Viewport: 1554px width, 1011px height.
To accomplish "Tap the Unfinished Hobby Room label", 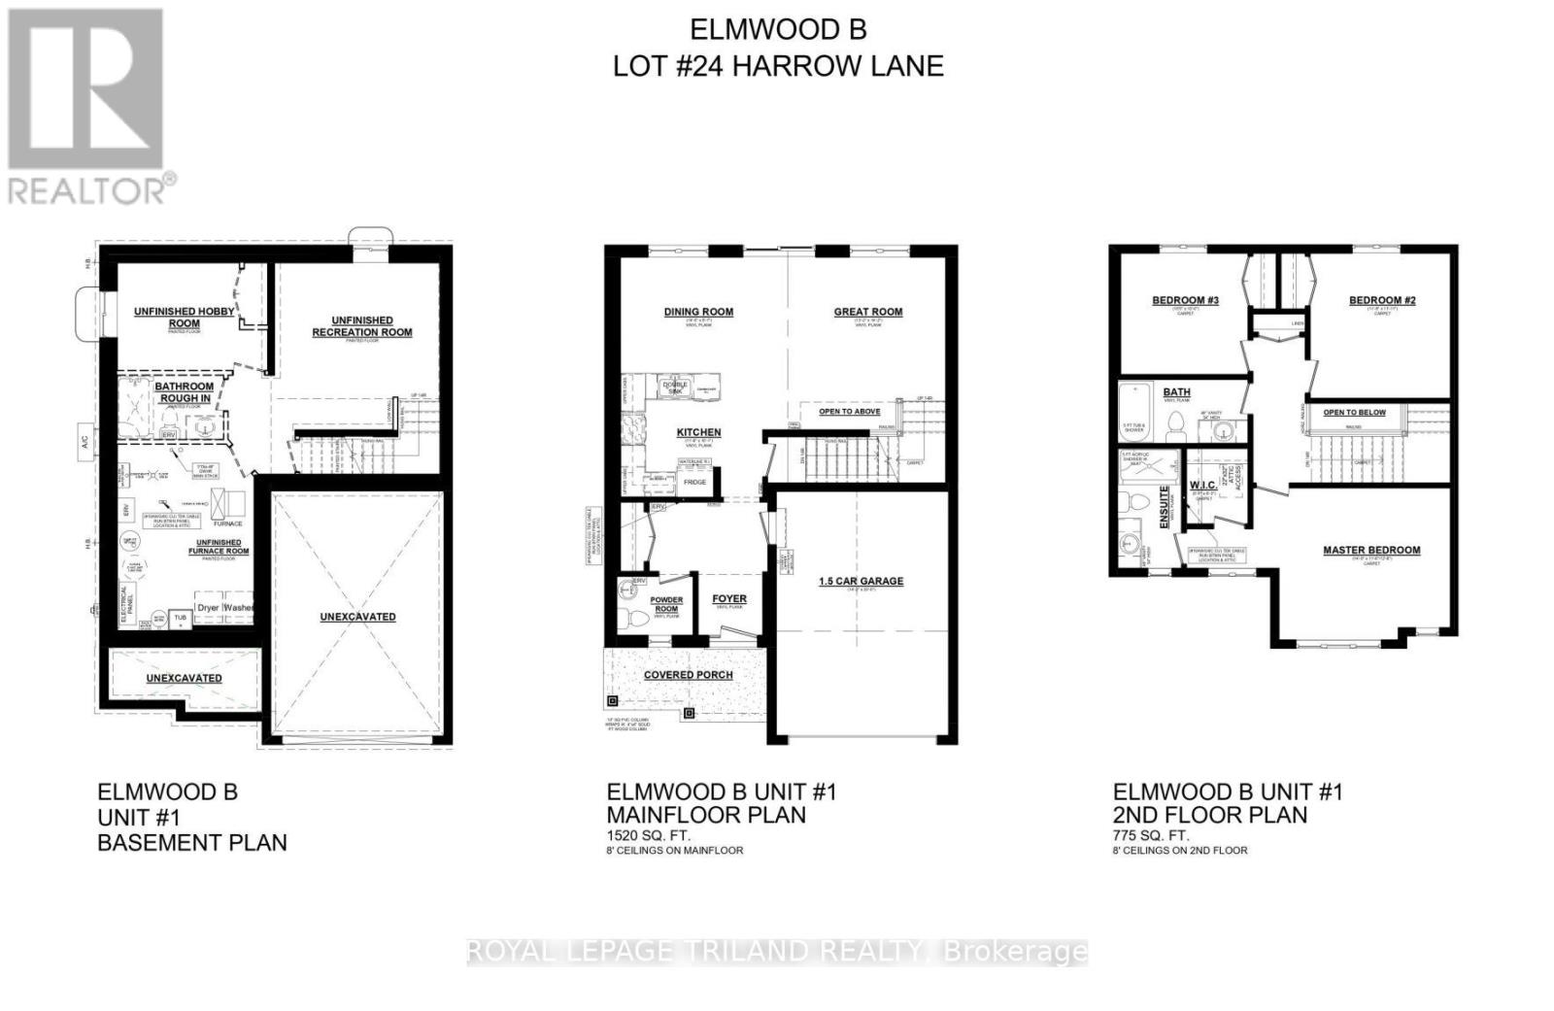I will pos(185,318).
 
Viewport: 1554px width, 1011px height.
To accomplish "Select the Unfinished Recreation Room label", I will pos(362,326).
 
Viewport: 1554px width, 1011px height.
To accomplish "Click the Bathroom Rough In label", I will pos(185,392).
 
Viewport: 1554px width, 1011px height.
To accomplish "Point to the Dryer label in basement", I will pos(208,608).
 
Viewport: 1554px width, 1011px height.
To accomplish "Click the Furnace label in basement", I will pos(228,523).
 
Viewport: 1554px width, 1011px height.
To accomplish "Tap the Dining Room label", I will pos(698,312).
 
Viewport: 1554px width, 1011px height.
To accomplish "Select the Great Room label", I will pos(868,312).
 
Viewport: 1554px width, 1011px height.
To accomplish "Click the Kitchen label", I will pos(698,432).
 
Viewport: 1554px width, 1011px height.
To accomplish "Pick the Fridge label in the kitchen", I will pos(694,483).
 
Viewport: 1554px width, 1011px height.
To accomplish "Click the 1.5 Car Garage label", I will pos(861,581).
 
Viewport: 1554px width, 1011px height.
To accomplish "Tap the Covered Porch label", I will pos(689,675).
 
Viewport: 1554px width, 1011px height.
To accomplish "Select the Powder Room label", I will pos(666,604).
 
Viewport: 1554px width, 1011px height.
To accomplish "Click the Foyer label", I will pos(729,598).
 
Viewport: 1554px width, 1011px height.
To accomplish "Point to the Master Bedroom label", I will pos(1371,550).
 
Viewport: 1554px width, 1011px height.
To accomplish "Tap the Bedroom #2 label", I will pos(1382,300).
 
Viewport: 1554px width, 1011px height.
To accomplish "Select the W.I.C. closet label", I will pos(1203,484).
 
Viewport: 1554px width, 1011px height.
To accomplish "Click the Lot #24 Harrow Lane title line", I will pos(778,66).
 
